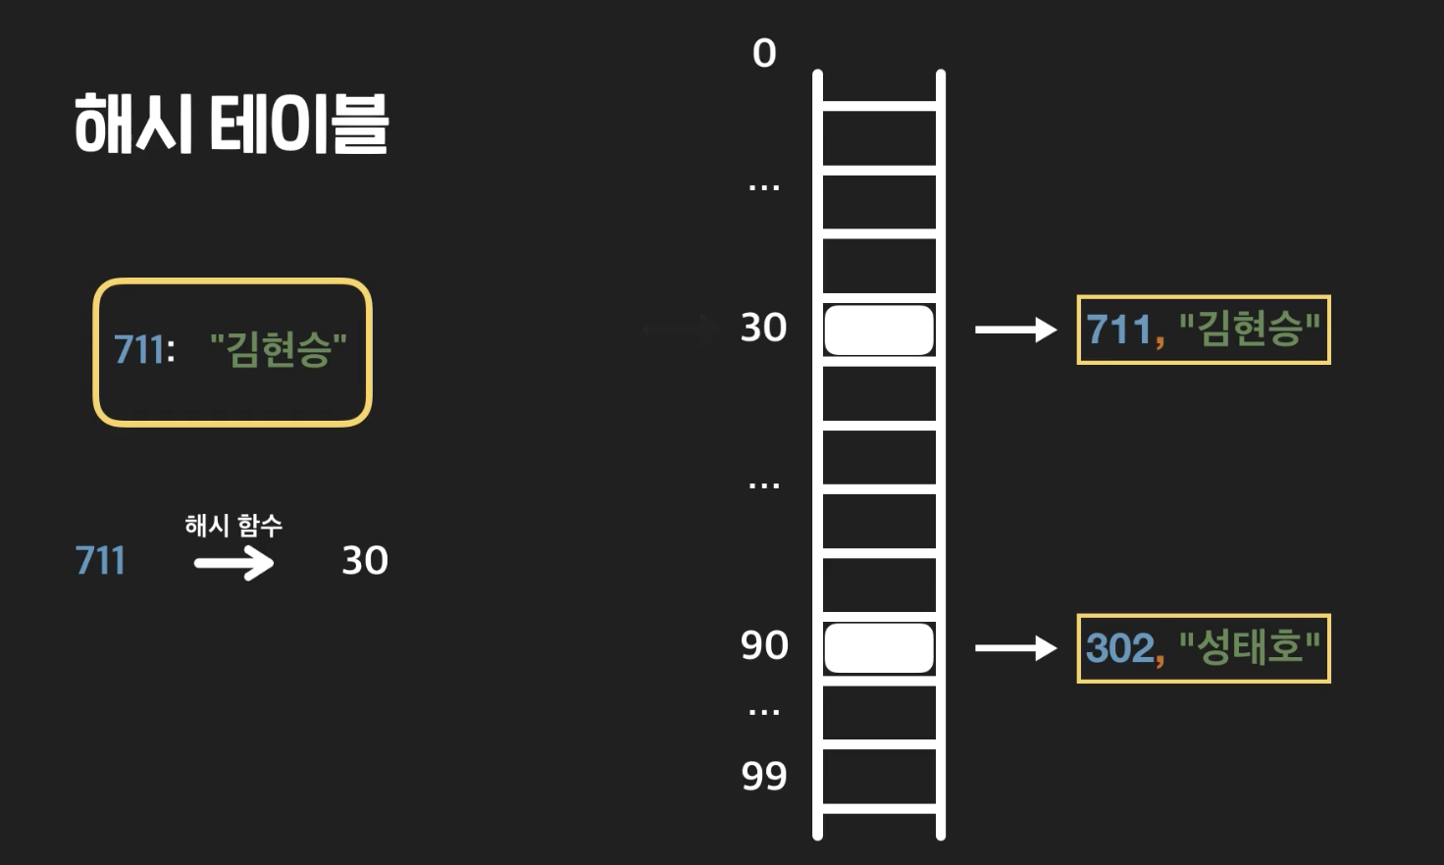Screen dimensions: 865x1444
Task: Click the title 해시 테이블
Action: [x=232, y=125]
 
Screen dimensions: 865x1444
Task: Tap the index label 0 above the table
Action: [x=764, y=53]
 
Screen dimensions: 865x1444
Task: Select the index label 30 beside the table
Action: [x=764, y=328]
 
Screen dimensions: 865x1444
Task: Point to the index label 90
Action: [x=764, y=645]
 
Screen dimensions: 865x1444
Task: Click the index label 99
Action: [x=764, y=776]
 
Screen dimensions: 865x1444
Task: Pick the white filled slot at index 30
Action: [x=878, y=330]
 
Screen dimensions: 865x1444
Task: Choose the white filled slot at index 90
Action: [x=878, y=647]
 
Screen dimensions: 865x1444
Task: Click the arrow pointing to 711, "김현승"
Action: [x=1014, y=330]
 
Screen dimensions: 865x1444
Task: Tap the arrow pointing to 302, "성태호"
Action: [x=1014, y=647]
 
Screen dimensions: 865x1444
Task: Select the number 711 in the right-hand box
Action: [x=1118, y=331]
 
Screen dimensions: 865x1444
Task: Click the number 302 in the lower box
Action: [x=1120, y=648]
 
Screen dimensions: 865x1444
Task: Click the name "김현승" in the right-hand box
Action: [x=1249, y=330]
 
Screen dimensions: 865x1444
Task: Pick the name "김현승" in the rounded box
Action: [x=279, y=349]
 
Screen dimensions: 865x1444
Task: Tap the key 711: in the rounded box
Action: [x=144, y=349]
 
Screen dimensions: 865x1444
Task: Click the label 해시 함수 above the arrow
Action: [x=233, y=526]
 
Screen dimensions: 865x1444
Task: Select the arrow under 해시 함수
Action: [x=233, y=563]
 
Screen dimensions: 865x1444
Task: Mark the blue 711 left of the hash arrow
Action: [x=100, y=561]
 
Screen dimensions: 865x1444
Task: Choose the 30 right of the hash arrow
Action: [x=365, y=561]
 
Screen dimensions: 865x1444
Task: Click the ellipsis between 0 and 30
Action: [x=764, y=186]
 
